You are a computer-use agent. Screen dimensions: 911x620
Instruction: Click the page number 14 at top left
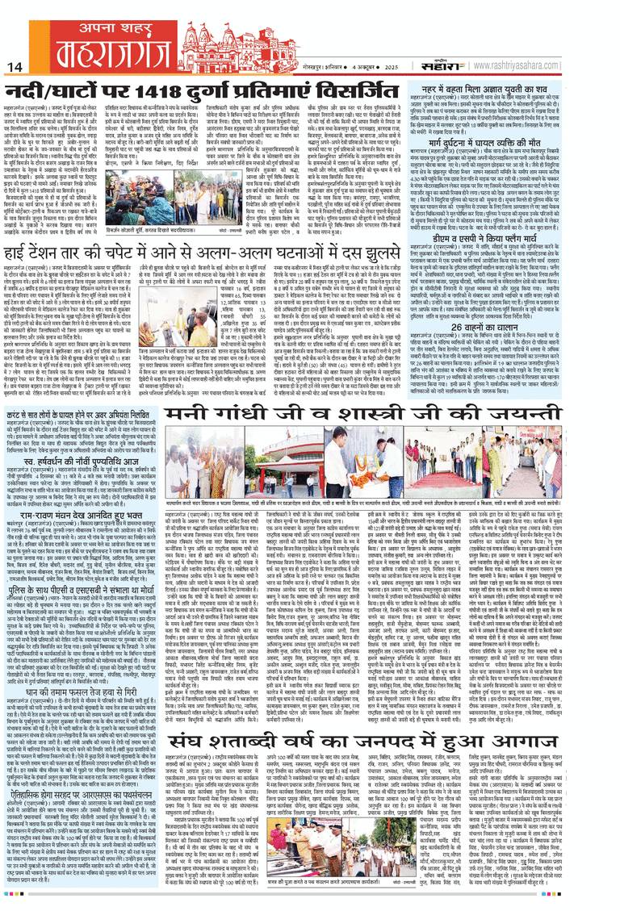[x=14, y=66]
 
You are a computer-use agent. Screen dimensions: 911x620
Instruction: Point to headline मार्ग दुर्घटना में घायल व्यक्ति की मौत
[x=525, y=140]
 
